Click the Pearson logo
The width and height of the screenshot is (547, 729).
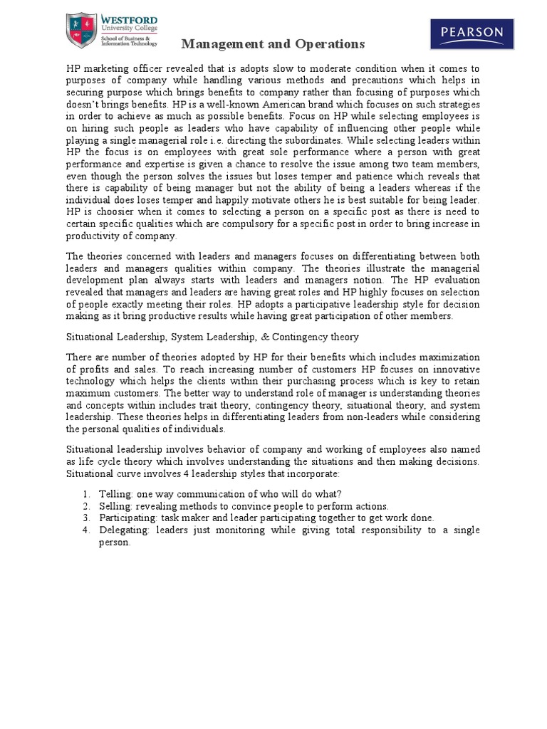pyautogui.click(x=471, y=33)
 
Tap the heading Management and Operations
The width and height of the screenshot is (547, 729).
pyautogui.click(x=273, y=44)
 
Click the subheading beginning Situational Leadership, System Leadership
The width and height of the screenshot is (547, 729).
pyautogui.click(x=212, y=337)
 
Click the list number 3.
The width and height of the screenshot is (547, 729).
pyautogui.click(x=85, y=518)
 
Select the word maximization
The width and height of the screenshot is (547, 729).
pyautogui.click(x=448, y=357)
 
